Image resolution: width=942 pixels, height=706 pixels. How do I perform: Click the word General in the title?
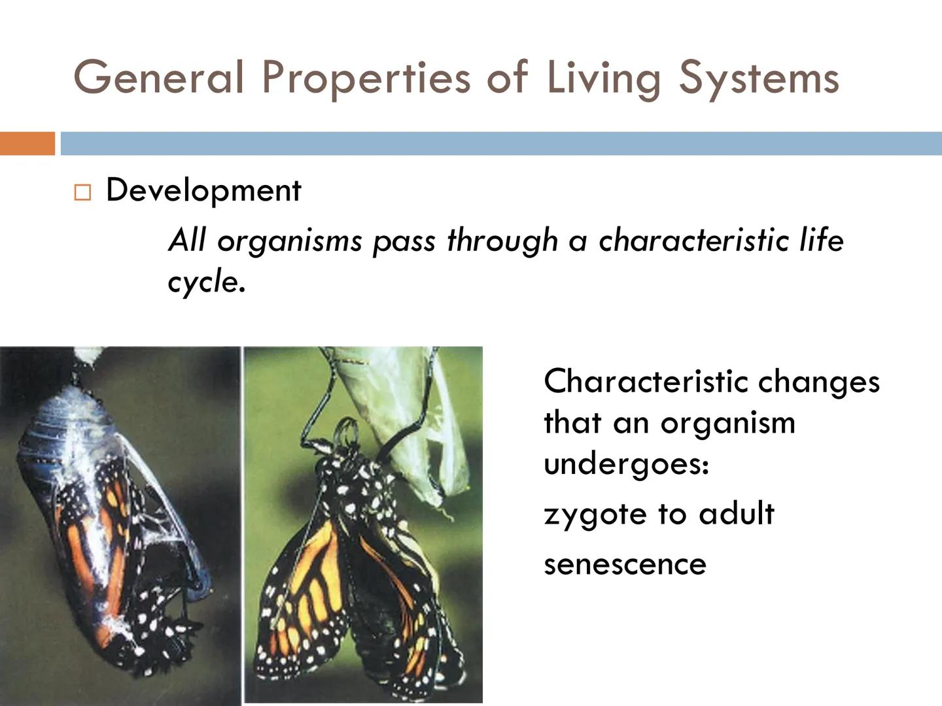coord(159,77)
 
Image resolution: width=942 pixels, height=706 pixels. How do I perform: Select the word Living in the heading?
coord(603,77)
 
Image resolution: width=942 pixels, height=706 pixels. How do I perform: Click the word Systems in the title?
coord(758,77)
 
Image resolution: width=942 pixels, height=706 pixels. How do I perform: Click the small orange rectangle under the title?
coord(27,143)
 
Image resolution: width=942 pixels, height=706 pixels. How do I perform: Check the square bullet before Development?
coord(82,193)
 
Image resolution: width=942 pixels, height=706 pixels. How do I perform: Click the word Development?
coord(203,191)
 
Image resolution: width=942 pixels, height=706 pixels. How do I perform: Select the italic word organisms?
coord(289,241)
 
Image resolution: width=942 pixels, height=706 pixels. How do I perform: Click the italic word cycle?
coord(205,282)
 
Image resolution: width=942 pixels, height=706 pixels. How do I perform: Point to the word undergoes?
coord(625,465)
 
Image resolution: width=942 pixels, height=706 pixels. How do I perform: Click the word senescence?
coord(625,564)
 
